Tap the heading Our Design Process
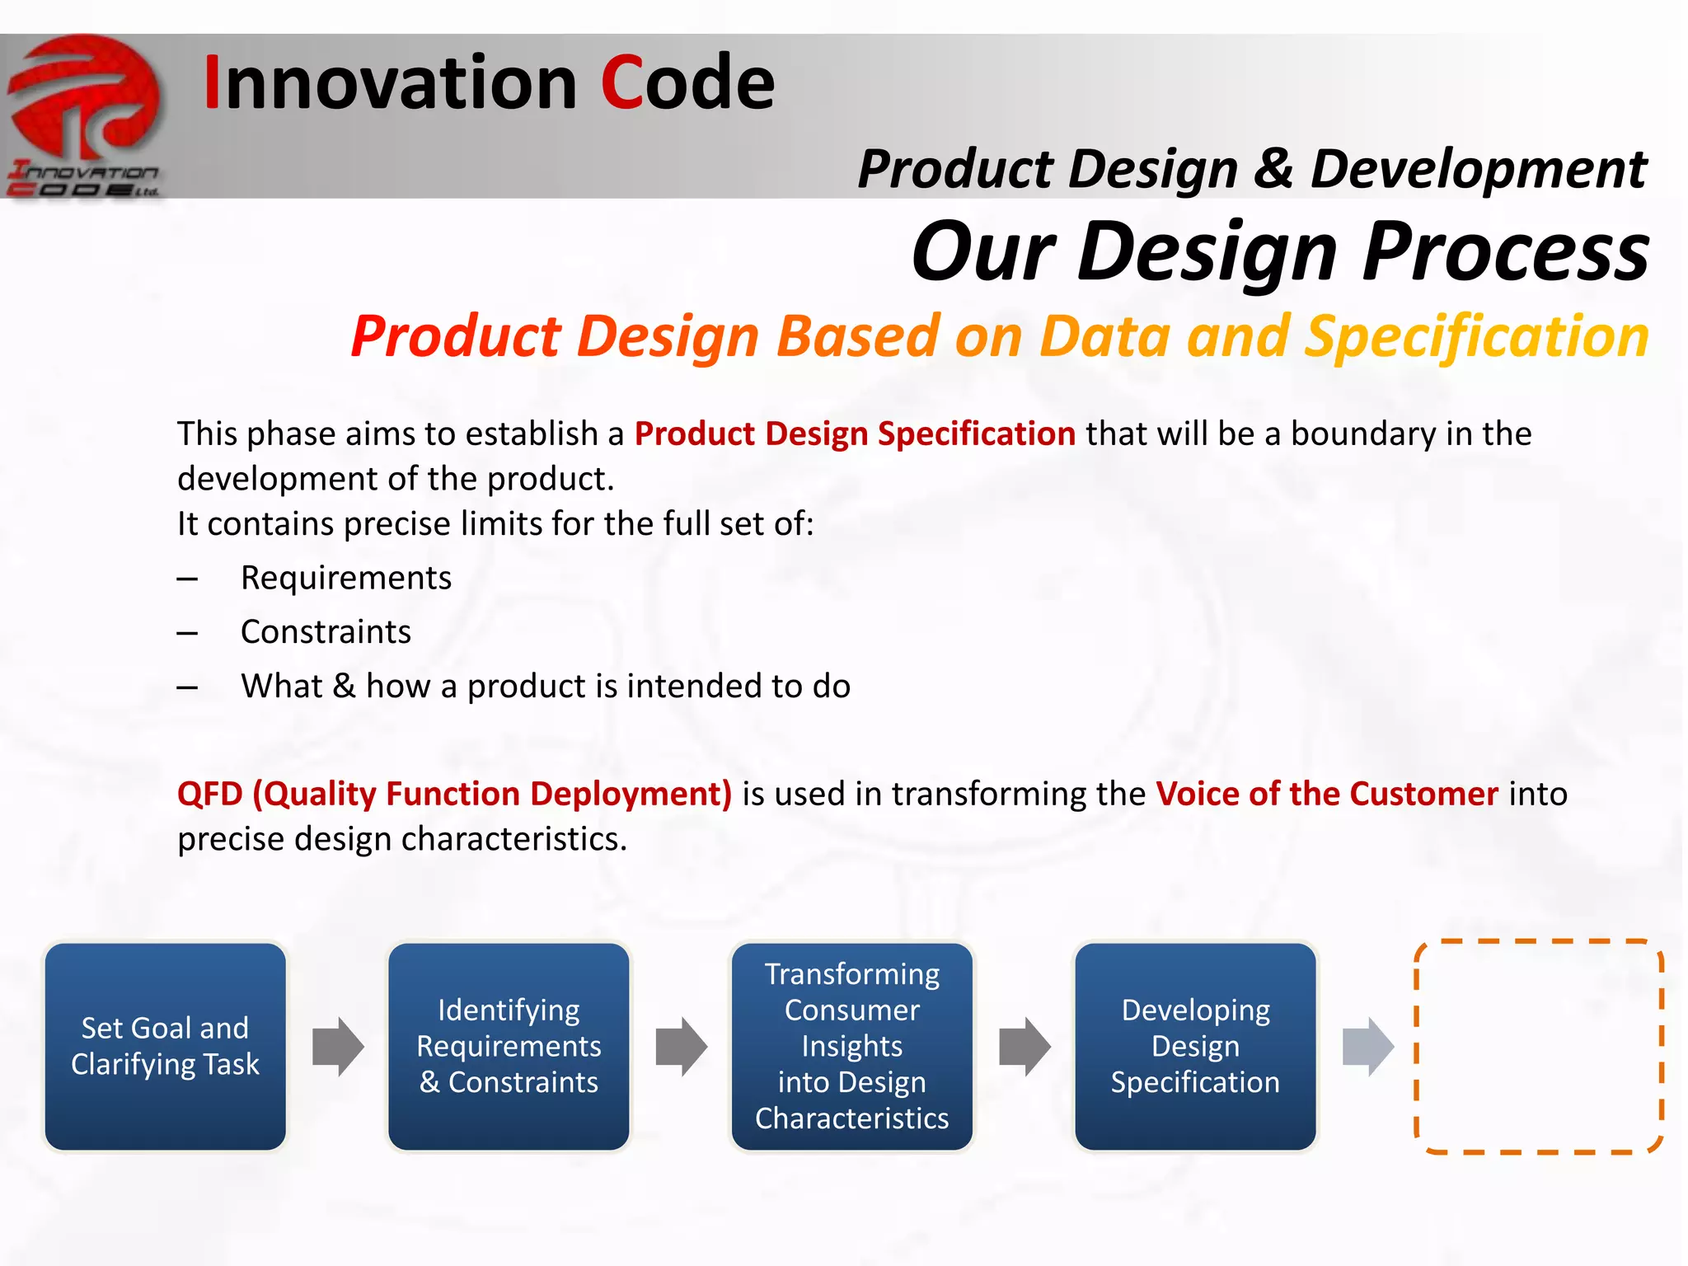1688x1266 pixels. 1280,252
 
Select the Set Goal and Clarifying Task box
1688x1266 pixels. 166,1046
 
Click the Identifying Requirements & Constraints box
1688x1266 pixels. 509,1046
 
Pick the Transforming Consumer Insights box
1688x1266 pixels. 852,1046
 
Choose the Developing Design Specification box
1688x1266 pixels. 1195,1046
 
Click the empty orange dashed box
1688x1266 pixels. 1539,1046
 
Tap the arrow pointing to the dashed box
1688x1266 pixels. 1368,1046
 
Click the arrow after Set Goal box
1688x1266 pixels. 338,1046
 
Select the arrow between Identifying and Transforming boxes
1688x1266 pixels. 682,1046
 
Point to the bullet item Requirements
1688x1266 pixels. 346,578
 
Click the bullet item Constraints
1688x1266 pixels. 326,632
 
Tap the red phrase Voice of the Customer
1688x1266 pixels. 1327,794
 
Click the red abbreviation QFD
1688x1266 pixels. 210,794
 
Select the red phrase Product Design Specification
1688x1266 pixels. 855,434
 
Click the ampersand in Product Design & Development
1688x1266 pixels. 1274,168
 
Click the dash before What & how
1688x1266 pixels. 187,687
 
